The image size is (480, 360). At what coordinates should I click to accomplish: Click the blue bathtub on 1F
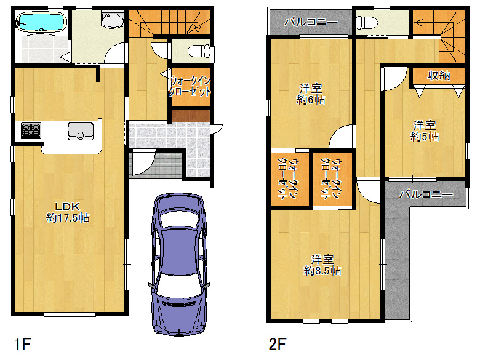42,22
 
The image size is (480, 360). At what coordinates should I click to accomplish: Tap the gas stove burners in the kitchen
31,130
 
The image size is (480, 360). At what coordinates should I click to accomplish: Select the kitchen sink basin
81,131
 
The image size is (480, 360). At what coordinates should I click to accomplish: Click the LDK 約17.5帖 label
67,212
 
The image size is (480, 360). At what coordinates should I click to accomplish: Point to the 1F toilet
198,51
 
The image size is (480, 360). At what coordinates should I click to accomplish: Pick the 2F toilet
367,22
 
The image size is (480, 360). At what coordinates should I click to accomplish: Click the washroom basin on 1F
113,21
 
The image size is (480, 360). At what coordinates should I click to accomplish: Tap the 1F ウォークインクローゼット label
190,86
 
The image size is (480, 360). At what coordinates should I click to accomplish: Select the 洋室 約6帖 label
310,94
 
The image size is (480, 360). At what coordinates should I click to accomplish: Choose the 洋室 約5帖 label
424,131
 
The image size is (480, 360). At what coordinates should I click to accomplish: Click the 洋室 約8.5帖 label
322,265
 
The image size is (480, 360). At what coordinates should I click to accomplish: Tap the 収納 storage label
438,75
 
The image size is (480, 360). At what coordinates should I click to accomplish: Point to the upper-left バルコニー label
311,22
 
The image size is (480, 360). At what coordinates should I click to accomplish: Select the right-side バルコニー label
426,194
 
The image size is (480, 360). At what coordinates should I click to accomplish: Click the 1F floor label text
23,344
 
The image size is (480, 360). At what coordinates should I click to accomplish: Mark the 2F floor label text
277,344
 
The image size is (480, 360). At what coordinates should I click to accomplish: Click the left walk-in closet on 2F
290,178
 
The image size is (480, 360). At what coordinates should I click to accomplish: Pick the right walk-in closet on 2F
333,178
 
